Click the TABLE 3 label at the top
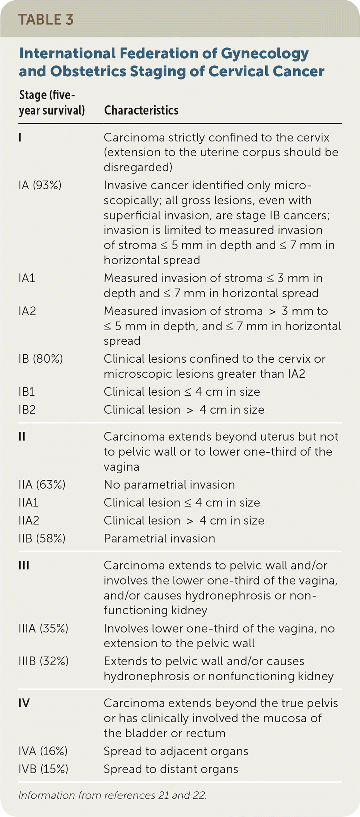[x=46, y=20]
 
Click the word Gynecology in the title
[x=265, y=53]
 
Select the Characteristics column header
[x=141, y=110]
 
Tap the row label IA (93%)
[x=40, y=185]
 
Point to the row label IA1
[x=27, y=278]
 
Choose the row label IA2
[x=27, y=311]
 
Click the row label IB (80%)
[x=41, y=359]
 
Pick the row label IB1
[x=27, y=392]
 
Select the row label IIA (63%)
[x=42, y=485]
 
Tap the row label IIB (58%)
[x=42, y=538]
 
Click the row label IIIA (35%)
[x=43, y=628]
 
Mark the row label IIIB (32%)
[x=43, y=661]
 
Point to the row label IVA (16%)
[x=43, y=751]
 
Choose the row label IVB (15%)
[x=43, y=769]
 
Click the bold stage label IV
[x=24, y=703]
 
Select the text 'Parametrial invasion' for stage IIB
[x=159, y=538]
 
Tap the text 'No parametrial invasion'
[x=169, y=485]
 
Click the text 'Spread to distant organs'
[x=171, y=769]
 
